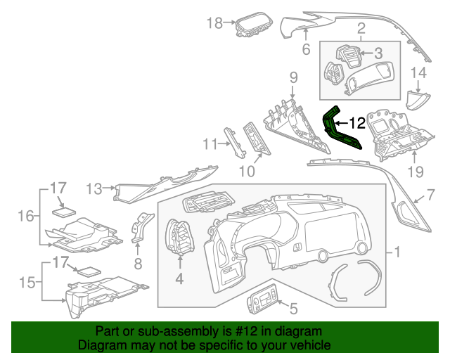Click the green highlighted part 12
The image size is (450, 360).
click(x=340, y=131)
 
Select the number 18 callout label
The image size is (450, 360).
click(x=214, y=23)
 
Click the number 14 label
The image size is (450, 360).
click(x=418, y=72)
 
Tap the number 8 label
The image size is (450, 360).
click(x=138, y=264)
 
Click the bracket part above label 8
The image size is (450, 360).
click(x=143, y=225)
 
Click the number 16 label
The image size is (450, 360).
click(x=25, y=216)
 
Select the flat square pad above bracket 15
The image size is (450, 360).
click(x=88, y=271)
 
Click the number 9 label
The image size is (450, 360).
click(x=293, y=76)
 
